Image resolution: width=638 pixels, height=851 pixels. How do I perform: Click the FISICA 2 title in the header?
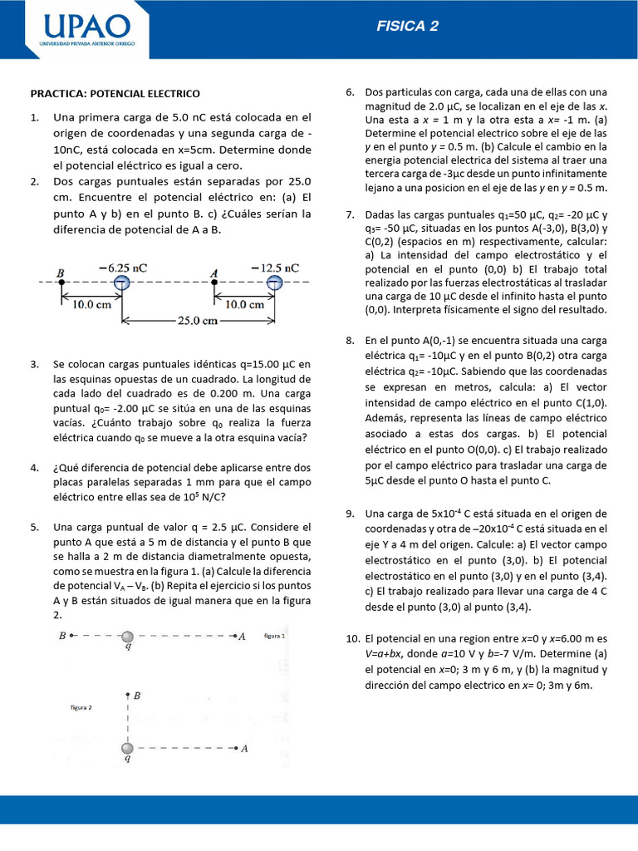[407, 26]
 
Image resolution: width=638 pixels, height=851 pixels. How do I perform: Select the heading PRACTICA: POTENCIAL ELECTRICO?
[115, 94]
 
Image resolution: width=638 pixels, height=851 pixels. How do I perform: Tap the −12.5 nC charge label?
[275, 268]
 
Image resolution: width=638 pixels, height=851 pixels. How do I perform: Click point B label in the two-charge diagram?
[61, 272]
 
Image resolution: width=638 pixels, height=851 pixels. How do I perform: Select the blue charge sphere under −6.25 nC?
[122, 283]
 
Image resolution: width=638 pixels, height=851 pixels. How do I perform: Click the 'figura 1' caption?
[274, 635]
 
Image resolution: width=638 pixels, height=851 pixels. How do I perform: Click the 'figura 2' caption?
[81, 707]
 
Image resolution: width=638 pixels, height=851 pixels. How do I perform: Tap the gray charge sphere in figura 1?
[127, 637]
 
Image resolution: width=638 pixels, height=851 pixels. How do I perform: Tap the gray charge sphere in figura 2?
[127, 748]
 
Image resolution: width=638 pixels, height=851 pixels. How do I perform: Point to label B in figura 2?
[137, 695]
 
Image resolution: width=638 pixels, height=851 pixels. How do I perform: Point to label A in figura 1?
[242, 637]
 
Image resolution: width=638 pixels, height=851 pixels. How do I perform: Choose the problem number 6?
[351, 91]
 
